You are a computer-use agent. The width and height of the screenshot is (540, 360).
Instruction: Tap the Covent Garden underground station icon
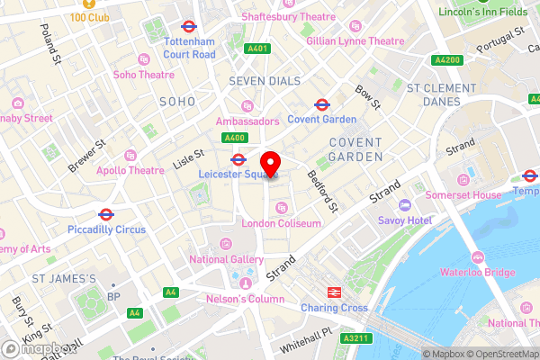pos(321,105)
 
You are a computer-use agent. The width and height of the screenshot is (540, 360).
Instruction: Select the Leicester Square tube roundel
pos(238,160)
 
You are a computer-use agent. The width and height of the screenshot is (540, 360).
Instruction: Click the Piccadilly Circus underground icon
pos(106,215)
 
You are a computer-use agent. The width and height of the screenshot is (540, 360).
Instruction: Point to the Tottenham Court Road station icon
pos(190,27)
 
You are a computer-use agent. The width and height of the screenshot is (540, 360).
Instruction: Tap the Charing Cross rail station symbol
pos(333,292)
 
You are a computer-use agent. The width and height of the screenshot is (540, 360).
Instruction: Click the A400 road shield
pos(236,138)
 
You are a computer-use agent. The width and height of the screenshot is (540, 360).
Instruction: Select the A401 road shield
pos(257,48)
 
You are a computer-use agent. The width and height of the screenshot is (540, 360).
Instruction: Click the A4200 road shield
pos(447,59)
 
